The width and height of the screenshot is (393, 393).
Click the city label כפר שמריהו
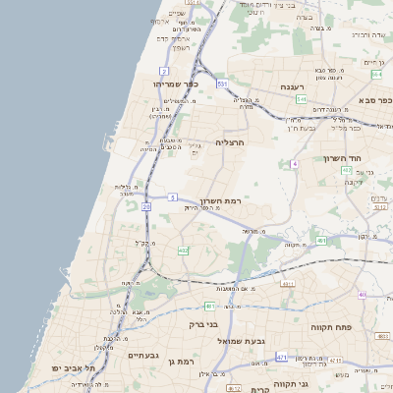[x=177, y=84]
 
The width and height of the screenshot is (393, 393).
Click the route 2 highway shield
[x=162, y=72]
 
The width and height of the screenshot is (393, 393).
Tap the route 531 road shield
[x=222, y=84]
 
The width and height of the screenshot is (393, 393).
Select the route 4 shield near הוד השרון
[x=294, y=163]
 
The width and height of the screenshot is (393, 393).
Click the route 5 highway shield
[x=172, y=196]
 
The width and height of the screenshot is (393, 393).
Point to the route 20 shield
[x=146, y=207]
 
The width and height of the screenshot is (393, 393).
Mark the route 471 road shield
[x=282, y=357]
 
